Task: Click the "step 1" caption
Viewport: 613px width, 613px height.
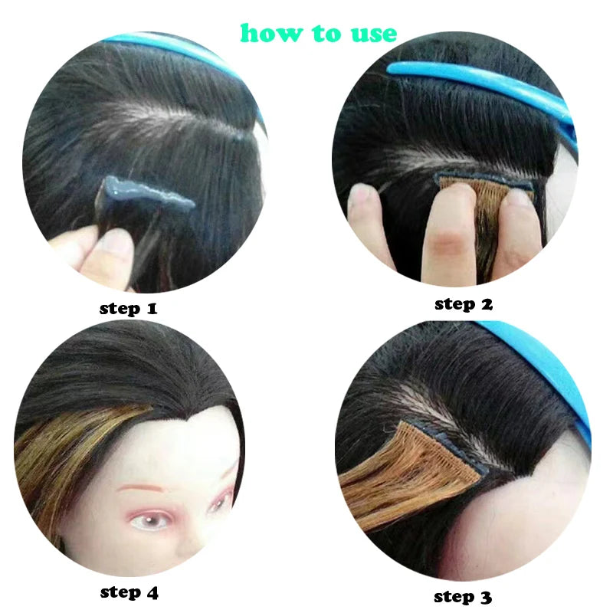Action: tap(128, 309)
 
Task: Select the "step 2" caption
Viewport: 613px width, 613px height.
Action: tap(464, 304)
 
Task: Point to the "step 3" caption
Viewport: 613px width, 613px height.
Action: tap(462, 596)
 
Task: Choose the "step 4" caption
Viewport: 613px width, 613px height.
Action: tap(129, 592)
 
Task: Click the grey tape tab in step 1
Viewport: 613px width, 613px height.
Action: tap(145, 192)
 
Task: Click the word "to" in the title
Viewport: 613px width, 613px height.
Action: tap(322, 33)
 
